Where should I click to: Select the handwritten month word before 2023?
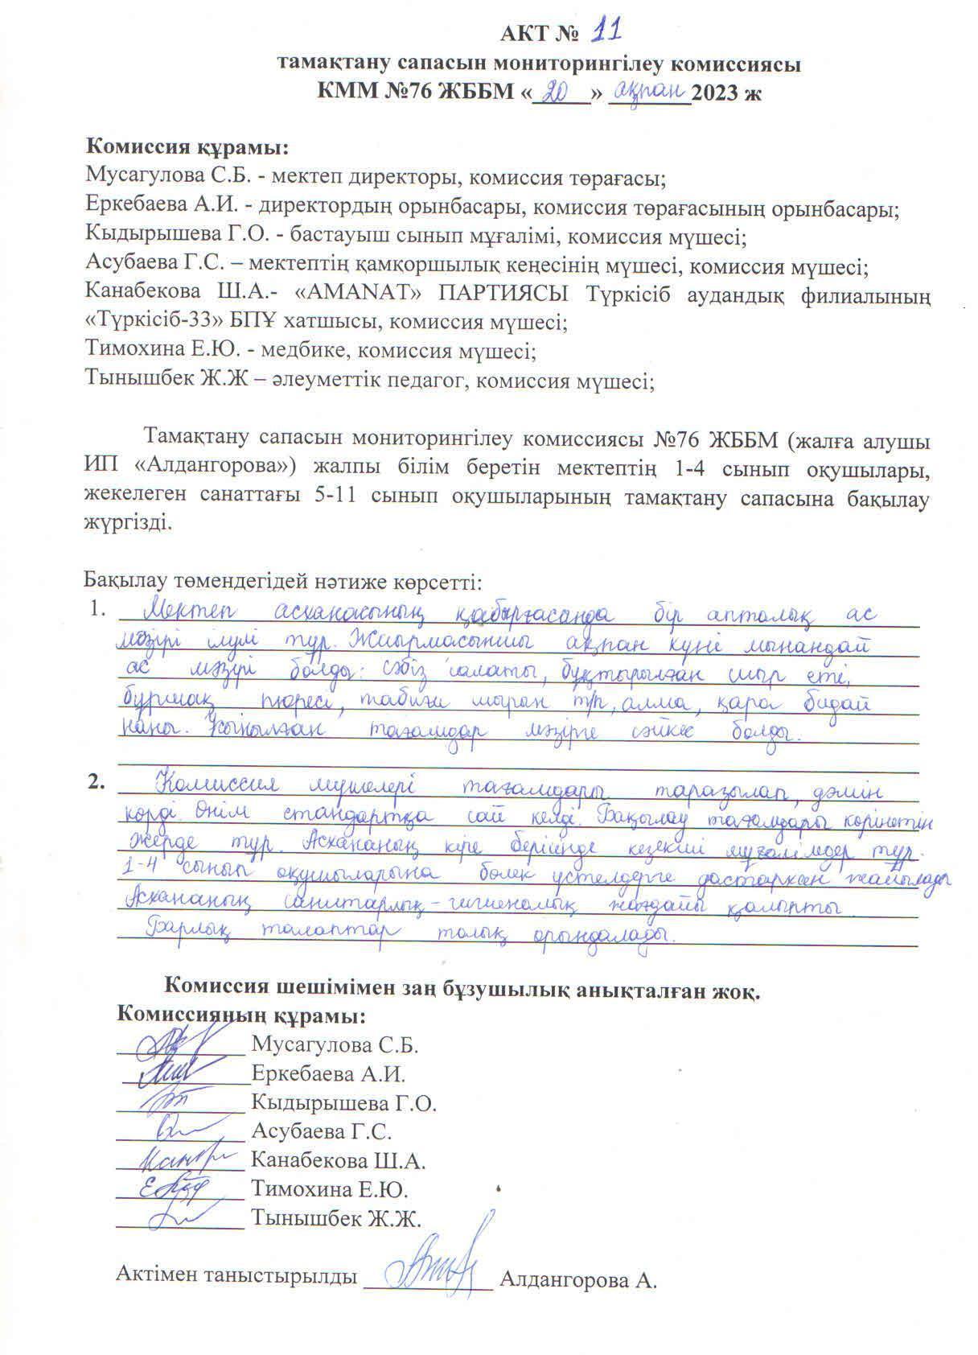pos(648,89)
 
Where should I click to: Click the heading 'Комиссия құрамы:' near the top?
pos(187,148)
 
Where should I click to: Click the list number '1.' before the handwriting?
pos(97,610)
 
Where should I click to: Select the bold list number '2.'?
pos(97,782)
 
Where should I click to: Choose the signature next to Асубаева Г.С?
pos(171,1131)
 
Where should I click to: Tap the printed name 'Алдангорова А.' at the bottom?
pos(578,1279)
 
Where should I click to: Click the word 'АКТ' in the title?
pos(522,35)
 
